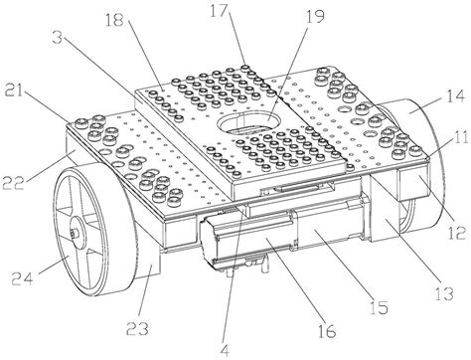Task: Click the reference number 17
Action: [x=219, y=11]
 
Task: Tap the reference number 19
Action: [x=314, y=16]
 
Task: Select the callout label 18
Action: [x=114, y=20]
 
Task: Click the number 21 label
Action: [x=14, y=90]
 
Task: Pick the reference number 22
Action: [x=13, y=182]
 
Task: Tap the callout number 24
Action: [x=22, y=277]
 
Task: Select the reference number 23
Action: [x=137, y=328]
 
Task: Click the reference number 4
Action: [x=225, y=350]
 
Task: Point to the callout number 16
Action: [x=326, y=330]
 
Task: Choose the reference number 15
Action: [x=379, y=307]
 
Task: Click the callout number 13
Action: [x=443, y=293]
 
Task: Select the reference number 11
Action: [x=460, y=136]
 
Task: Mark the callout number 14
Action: [x=455, y=95]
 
